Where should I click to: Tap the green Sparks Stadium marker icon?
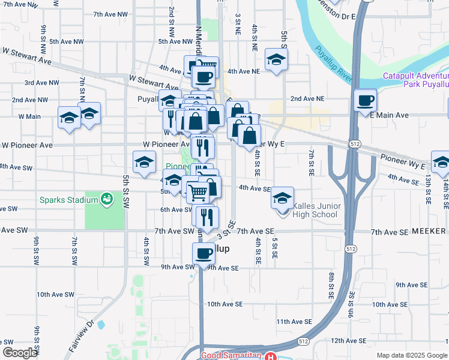point(107,198)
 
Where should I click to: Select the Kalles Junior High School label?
point(316,211)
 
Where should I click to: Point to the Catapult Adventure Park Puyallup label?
point(416,80)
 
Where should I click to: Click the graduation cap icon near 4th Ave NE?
point(276,59)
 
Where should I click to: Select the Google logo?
point(20,353)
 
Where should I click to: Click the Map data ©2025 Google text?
point(411,355)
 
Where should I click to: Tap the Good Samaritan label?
point(231,355)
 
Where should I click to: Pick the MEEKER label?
point(430,231)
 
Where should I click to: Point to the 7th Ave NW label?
point(110,13)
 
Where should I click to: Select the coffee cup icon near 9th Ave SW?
point(203,253)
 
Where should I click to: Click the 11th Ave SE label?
point(294,322)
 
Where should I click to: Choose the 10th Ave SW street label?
point(55,295)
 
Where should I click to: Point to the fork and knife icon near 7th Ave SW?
point(207,218)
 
